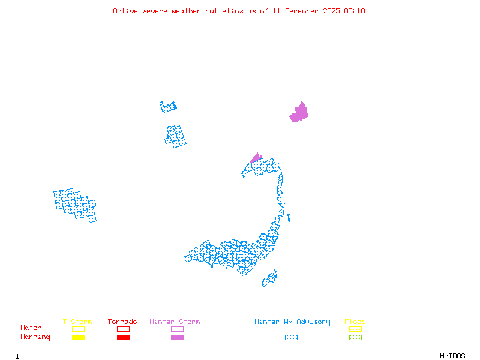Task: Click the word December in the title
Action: (x=304, y=11)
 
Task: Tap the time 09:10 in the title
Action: (x=355, y=11)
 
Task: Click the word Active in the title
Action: (x=125, y=11)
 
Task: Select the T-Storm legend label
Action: (x=77, y=322)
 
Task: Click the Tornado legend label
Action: (x=122, y=322)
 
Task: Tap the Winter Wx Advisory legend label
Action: (x=292, y=322)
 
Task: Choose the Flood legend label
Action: (x=355, y=322)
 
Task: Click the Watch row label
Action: (x=31, y=328)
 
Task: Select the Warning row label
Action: (x=35, y=337)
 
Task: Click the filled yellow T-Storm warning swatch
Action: (x=78, y=338)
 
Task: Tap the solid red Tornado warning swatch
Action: (x=123, y=338)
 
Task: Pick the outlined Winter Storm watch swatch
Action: (x=177, y=329)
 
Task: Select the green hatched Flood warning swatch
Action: (x=355, y=338)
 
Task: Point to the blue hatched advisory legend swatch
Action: (x=291, y=338)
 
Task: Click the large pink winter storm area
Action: (x=299, y=113)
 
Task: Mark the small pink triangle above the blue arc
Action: (x=256, y=158)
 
